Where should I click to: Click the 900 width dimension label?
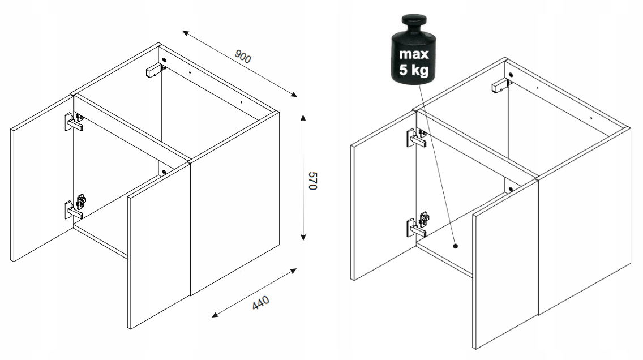coord(243,57)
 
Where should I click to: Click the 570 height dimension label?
coord(312,181)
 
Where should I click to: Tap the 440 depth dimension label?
coord(261,303)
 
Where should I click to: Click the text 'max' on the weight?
coord(414,54)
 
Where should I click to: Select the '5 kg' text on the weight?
coord(414,70)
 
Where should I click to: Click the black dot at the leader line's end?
coord(455,246)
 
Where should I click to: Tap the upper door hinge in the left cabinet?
coord(74,122)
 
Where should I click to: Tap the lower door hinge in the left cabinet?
coord(75,207)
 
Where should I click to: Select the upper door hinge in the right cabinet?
coord(417,138)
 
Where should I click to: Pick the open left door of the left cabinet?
coord(42,178)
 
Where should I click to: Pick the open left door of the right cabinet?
coord(383,196)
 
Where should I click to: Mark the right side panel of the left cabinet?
coord(235,203)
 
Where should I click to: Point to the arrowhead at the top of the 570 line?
coord(303,118)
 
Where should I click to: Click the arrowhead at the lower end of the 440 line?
coord(215,315)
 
